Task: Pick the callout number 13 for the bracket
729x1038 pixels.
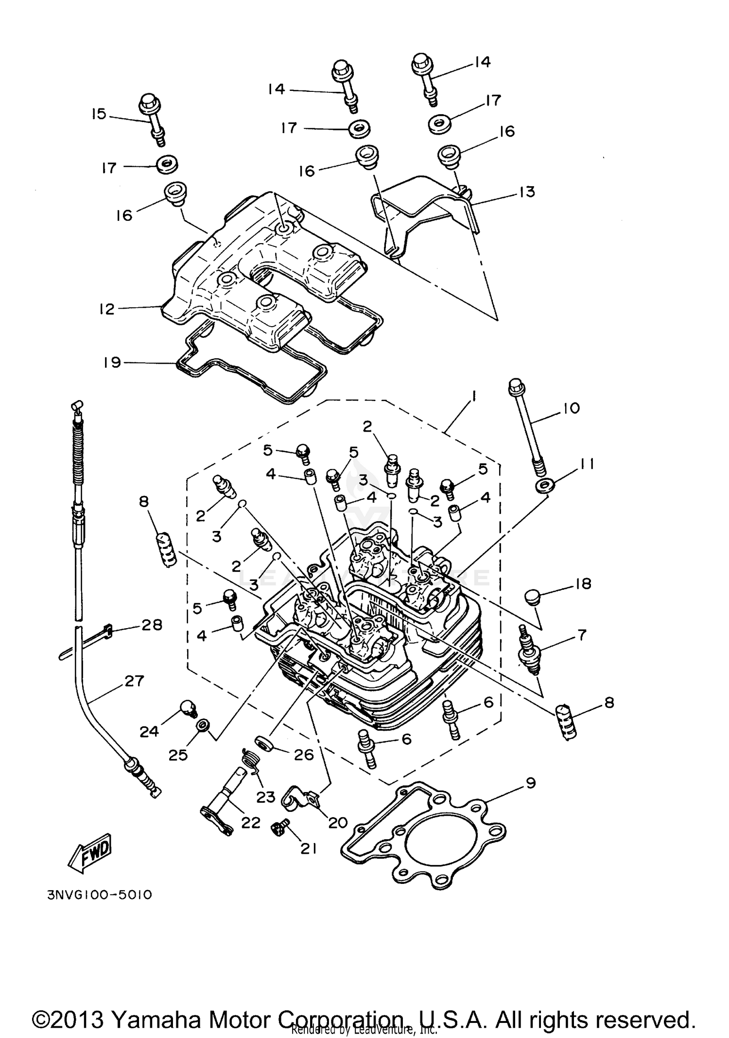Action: point(526,192)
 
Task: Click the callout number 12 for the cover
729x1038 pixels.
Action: point(106,309)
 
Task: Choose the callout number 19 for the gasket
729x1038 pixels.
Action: point(113,362)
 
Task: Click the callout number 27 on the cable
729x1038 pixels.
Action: point(134,681)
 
